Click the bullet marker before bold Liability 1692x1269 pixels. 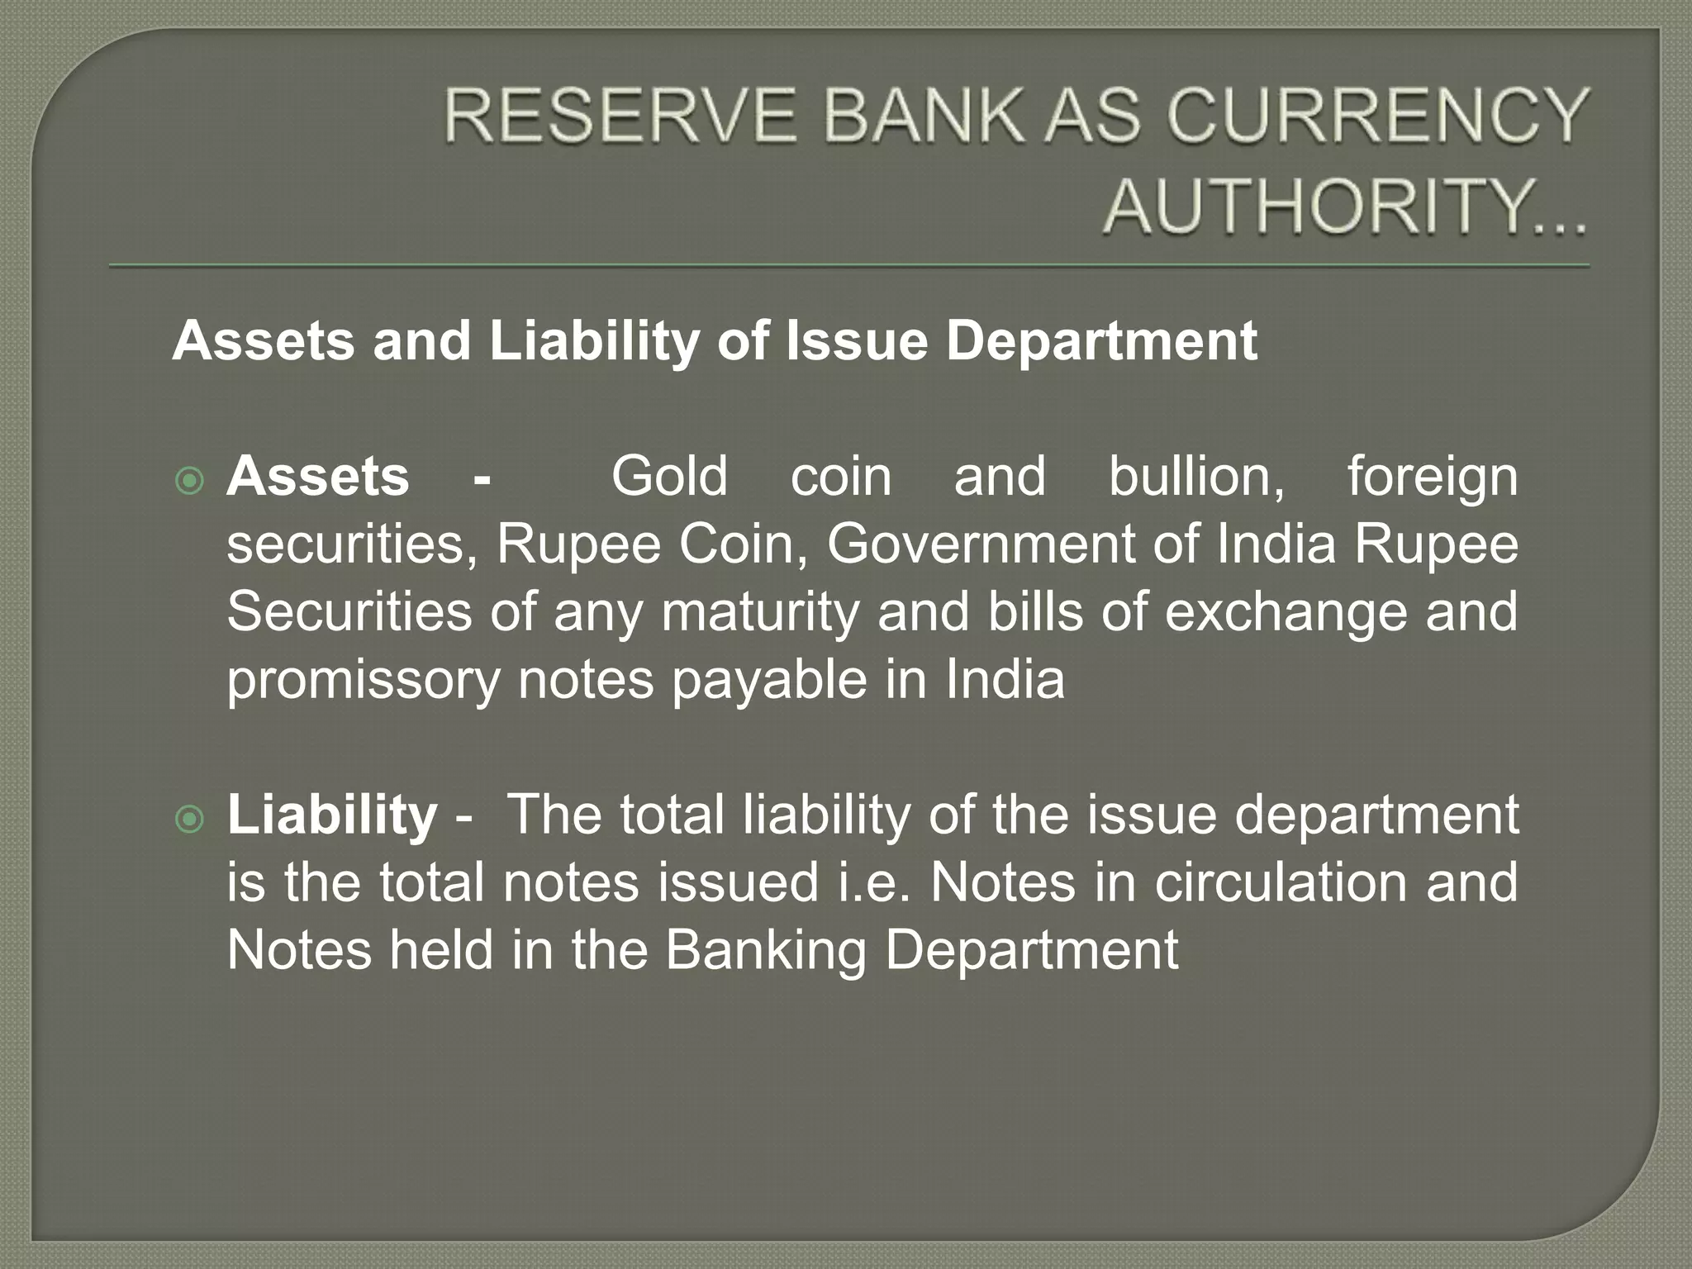point(190,819)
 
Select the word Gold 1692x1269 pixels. point(669,477)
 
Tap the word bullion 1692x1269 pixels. point(1196,477)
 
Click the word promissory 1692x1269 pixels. point(364,682)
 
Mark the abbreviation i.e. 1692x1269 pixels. point(875,882)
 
